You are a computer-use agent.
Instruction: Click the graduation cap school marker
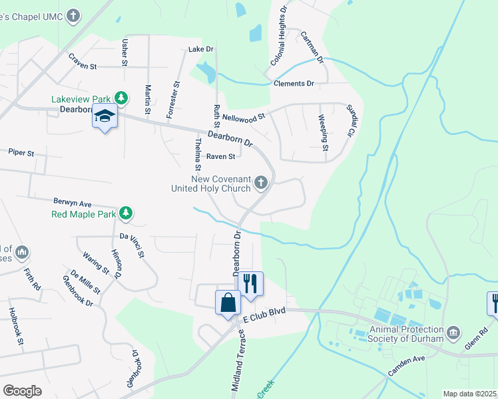click(x=105, y=116)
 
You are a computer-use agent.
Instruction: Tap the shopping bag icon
click(x=228, y=302)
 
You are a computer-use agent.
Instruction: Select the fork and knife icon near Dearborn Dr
click(x=250, y=283)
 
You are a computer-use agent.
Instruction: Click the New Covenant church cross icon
click(x=262, y=182)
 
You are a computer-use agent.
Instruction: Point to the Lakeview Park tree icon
click(x=121, y=98)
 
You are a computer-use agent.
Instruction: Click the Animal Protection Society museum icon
click(x=453, y=331)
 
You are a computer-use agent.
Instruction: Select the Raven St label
click(x=220, y=157)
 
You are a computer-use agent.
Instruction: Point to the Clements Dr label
click(x=294, y=84)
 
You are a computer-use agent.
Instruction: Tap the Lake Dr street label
click(x=200, y=49)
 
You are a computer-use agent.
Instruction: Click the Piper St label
click(x=21, y=153)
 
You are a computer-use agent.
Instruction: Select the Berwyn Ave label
click(x=73, y=202)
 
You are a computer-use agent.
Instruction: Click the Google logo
click(x=22, y=391)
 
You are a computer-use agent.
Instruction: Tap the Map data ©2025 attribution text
click(x=469, y=394)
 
